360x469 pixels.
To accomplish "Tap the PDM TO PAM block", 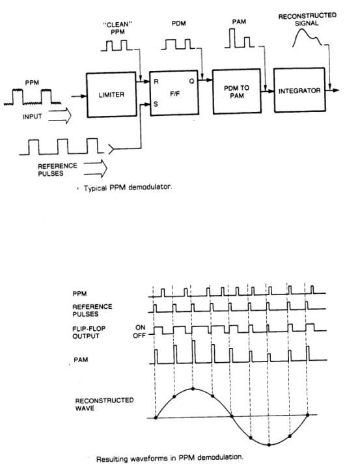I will tap(234, 91).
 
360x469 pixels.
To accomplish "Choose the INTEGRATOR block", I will tap(300, 91).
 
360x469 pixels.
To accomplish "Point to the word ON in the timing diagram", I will tap(139, 328).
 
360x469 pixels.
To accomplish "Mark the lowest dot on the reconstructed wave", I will tap(270, 444).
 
